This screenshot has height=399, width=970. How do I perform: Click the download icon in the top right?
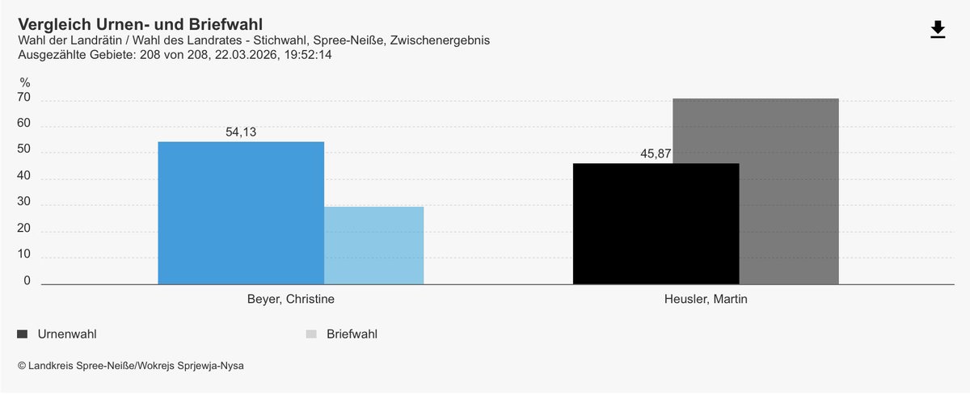[938, 30]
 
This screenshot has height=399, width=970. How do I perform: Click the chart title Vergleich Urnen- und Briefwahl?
[140, 25]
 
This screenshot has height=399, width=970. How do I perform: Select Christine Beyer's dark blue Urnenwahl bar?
[240, 212]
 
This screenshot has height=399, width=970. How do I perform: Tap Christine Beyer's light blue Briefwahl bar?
[373, 246]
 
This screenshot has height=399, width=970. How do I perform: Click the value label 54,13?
[241, 132]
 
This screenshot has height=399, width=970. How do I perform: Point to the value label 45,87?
[656, 154]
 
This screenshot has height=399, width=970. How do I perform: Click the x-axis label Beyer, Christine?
[290, 299]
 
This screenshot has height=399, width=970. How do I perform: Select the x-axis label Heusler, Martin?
[706, 299]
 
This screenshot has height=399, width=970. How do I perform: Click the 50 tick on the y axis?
[24, 150]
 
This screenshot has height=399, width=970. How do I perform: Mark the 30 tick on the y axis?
[24, 203]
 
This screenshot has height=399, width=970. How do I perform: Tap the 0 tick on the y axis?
[27, 281]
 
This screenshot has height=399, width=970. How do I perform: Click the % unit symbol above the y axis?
[25, 82]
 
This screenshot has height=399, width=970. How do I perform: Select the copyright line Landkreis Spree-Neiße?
[130, 366]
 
